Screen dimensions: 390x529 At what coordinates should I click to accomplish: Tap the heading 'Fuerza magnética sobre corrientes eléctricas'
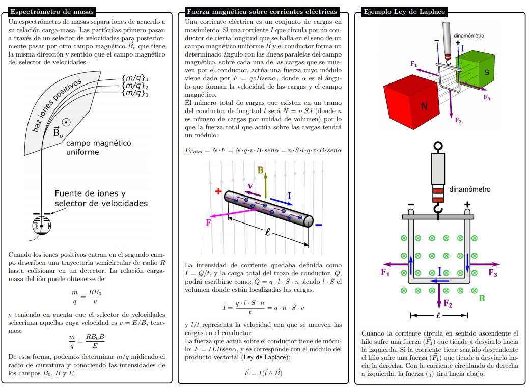tap(262, 11)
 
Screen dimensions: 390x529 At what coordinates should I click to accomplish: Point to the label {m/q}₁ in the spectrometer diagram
tap(135, 79)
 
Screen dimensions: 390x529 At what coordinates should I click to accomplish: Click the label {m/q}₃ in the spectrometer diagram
tap(135, 94)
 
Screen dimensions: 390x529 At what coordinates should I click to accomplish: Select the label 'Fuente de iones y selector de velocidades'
tap(101, 199)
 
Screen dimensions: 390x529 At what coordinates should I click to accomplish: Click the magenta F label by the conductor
tap(208, 222)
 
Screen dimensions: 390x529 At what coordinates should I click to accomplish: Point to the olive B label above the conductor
tap(261, 171)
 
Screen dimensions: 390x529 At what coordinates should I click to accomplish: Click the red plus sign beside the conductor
tap(218, 192)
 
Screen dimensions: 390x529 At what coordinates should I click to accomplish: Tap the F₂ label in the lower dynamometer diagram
tap(448, 304)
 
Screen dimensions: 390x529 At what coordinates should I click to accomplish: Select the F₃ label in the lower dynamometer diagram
tap(492, 273)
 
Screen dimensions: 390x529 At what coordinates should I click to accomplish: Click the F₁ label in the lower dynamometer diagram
tap(385, 272)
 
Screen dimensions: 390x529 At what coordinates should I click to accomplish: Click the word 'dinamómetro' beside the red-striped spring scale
tap(469, 189)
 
